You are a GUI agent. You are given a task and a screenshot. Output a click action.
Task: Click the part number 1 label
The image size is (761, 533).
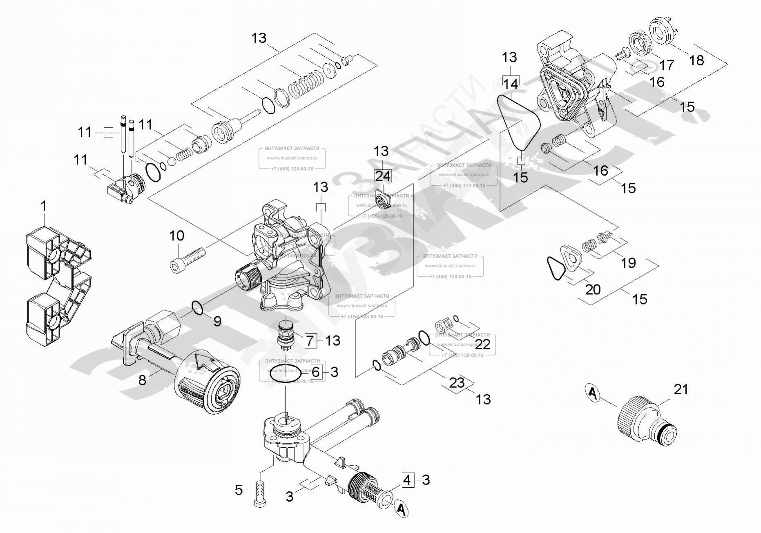pos(44,207)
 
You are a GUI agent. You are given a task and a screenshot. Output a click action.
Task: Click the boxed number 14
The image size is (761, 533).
pos(510,84)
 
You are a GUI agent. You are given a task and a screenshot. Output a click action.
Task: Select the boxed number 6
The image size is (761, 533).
pos(316,372)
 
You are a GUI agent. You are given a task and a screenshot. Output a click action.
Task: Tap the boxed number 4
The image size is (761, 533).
pos(407,480)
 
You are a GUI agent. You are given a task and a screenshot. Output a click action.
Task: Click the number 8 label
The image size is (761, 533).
pos(142,380)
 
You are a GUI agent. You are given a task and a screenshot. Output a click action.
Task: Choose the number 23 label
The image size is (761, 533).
pos(457,383)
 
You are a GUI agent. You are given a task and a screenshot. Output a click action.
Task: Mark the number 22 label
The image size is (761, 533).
pos(482,344)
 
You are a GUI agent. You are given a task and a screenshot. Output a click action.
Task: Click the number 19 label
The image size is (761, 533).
pos(628,263)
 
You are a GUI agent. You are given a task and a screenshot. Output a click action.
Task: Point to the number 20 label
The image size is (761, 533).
pos(593,289)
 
